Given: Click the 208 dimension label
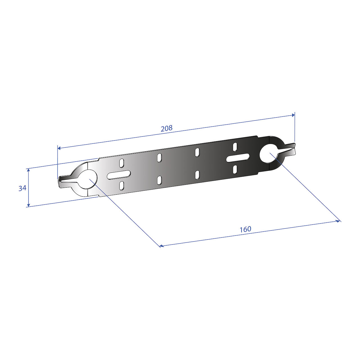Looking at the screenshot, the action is [x=166, y=128].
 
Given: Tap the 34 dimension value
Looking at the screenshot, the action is [x=22, y=188].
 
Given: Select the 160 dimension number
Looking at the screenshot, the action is [x=245, y=229].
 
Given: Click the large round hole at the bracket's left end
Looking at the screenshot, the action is [x=88, y=179].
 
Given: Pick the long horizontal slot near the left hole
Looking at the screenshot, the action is [x=119, y=175].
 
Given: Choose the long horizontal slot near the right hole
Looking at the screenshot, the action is [x=238, y=158].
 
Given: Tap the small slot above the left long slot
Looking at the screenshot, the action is [x=121, y=163].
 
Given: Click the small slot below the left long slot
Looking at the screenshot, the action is [x=121, y=185].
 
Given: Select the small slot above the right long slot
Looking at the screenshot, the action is [x=235, y=147].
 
